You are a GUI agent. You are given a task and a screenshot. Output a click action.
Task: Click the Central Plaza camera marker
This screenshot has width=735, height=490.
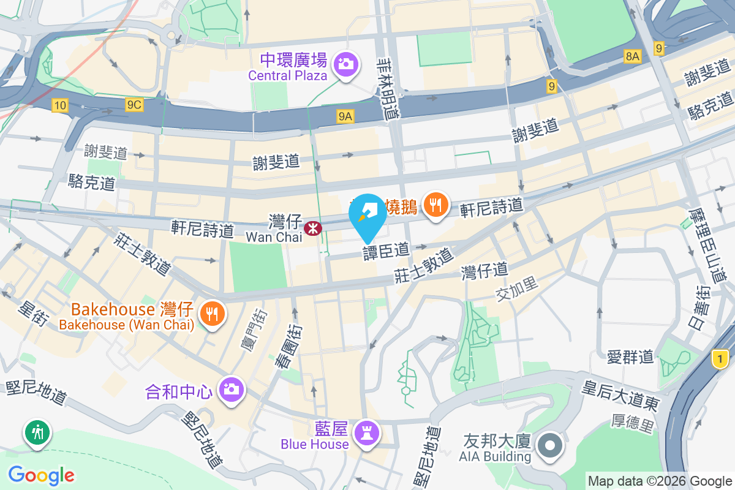click(x=345, y=64)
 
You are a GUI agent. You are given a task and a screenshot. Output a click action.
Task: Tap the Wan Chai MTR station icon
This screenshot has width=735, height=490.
click(x=313, y=228)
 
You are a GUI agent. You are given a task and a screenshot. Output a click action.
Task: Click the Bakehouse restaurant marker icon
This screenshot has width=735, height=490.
click(x=213, y=314)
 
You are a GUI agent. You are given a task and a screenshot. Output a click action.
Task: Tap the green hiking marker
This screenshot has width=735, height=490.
click(x=37, y=432)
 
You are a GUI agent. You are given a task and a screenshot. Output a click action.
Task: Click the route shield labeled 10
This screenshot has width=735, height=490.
click(x=59, y=105)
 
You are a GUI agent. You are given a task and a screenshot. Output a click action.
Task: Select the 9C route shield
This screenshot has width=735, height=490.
click(x=134, y=105)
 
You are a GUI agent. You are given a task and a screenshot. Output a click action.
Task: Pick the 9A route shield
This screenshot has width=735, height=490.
click(x=345, y=115)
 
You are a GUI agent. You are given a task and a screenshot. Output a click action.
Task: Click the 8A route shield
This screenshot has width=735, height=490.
click(x=633, y=56)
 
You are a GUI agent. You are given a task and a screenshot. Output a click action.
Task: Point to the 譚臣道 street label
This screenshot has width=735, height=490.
click(x=386, y=251)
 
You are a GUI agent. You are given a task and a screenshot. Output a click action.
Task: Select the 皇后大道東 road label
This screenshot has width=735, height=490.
click(x=620, y=396)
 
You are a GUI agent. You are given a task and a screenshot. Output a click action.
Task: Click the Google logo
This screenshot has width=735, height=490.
click(x=41, y=475)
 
